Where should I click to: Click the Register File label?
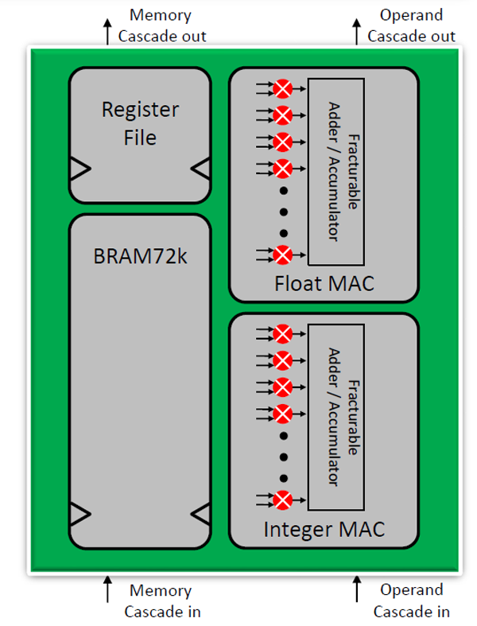(x=140, y=123)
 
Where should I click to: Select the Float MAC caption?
(x=323, y=284)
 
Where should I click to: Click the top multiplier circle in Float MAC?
(x=282, y=87)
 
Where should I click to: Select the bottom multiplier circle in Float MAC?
(x=282, y=255)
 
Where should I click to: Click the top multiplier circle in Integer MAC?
(x=282, y=332)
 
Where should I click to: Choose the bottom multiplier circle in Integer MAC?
(x=282, y=500)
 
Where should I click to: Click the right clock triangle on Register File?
(x=201, y=168)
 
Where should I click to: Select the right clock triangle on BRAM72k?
(x=201, y=514)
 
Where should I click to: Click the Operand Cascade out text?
(x=411, y=25)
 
